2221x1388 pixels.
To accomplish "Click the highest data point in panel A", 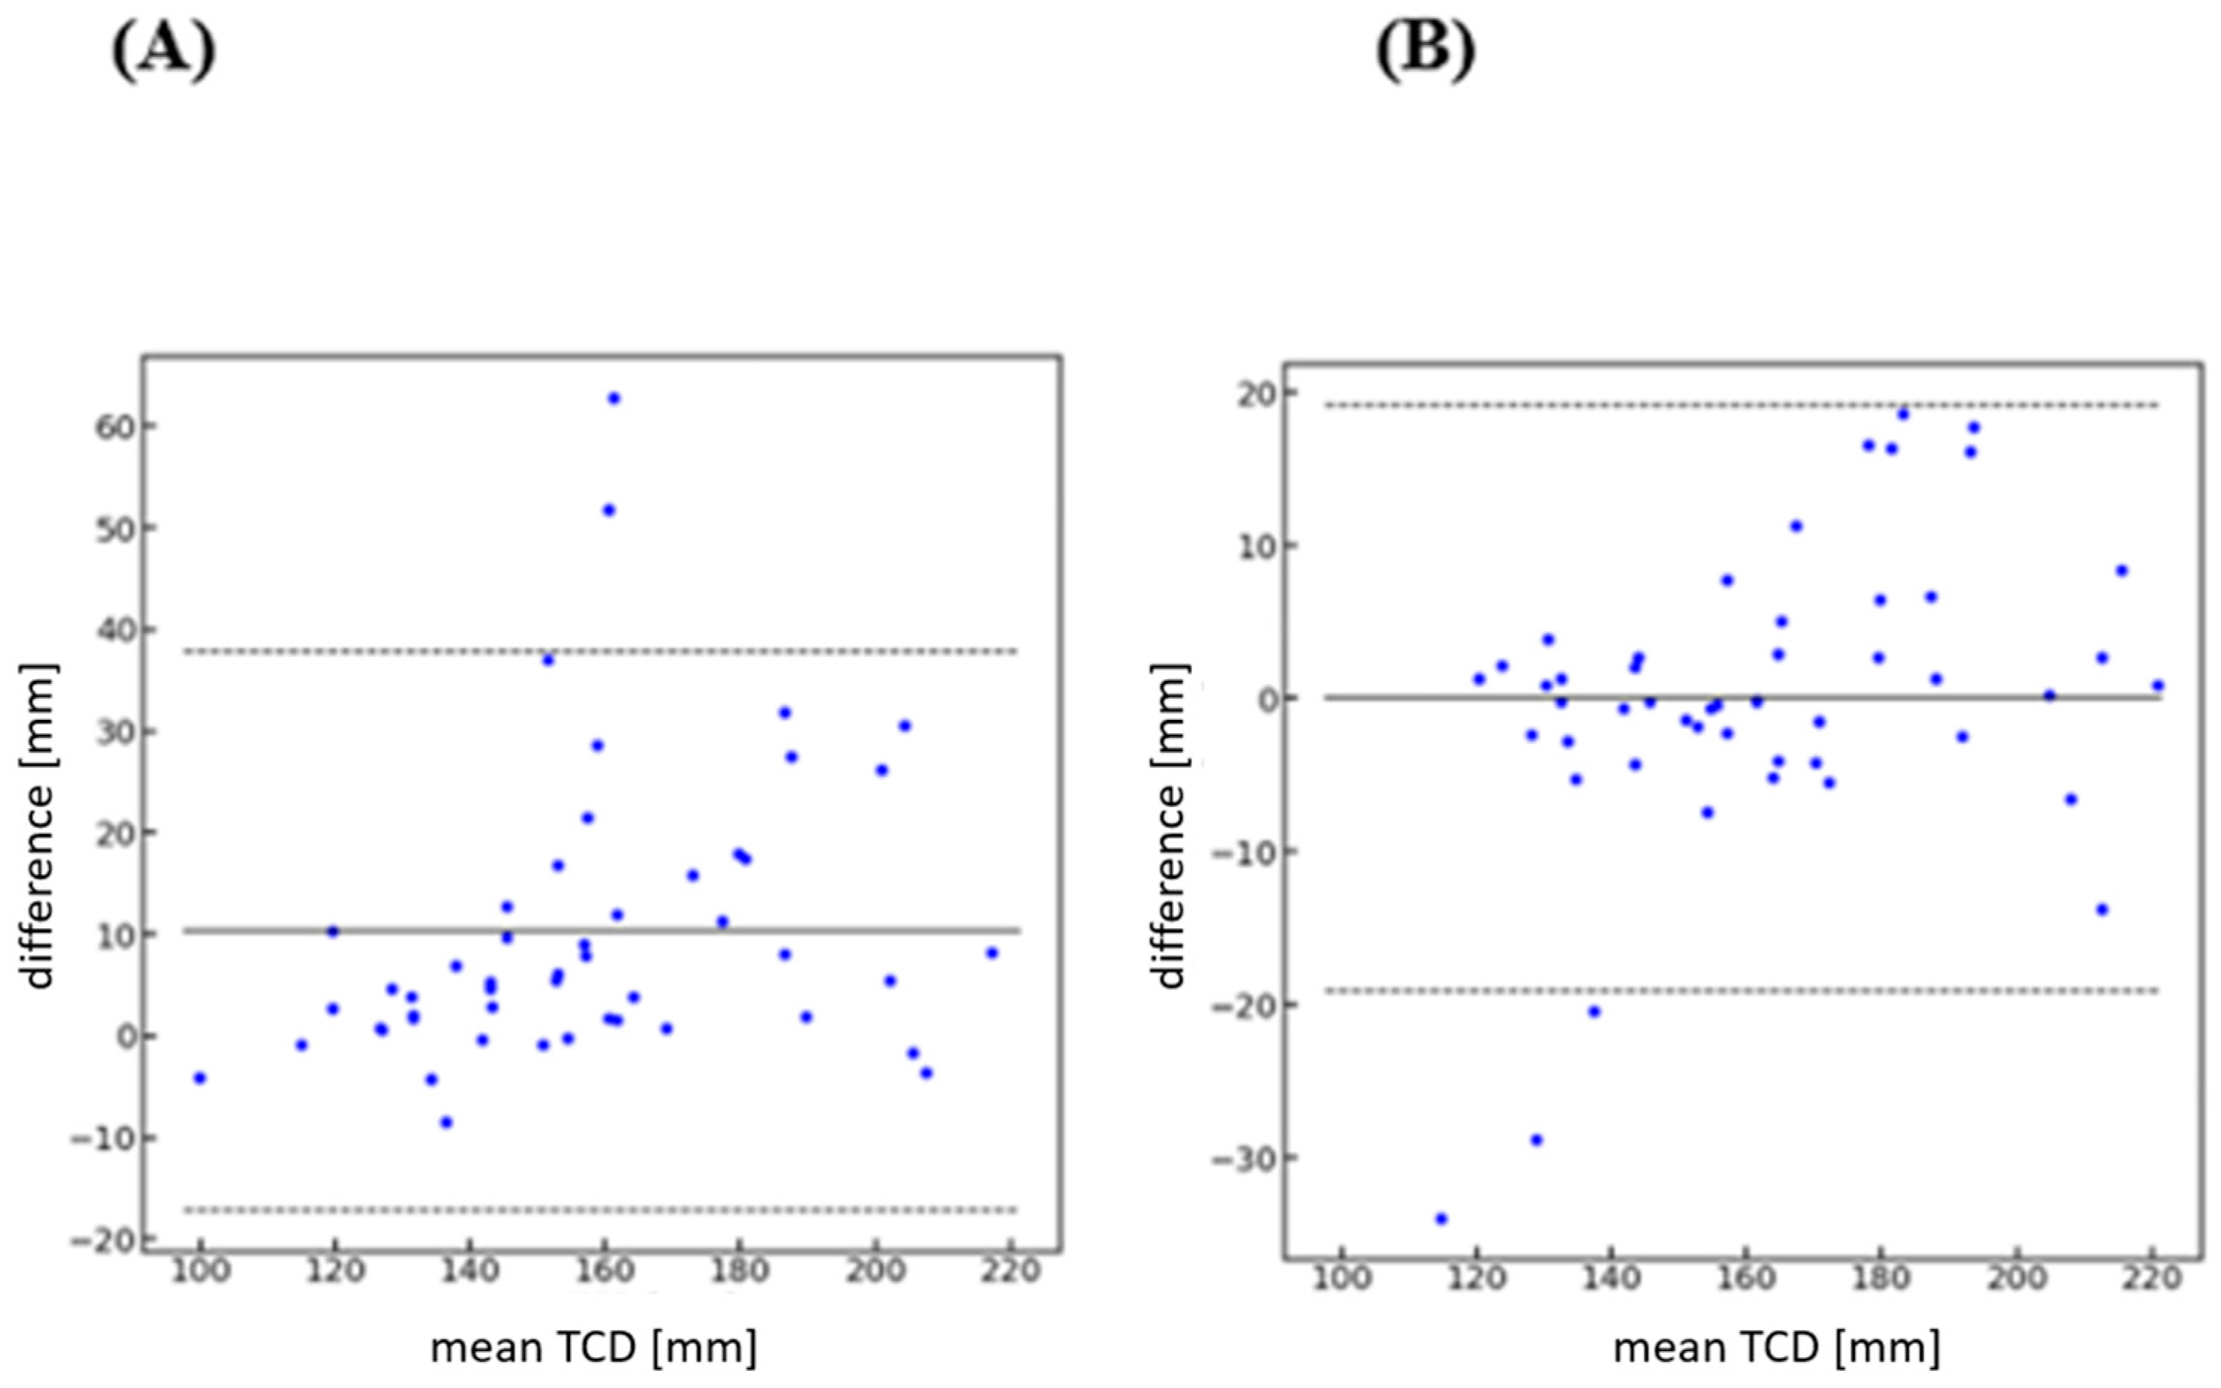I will click(614, 398).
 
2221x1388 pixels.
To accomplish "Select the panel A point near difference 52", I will click(609, 510).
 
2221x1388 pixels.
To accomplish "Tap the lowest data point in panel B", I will click(1441, 1219).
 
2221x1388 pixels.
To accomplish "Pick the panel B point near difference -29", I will click(1537, 1140).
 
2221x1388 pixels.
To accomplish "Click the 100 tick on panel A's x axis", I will click(200, 1273).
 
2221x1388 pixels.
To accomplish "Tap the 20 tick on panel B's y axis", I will click(1250, 394).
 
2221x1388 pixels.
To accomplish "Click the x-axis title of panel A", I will click(594, 1348).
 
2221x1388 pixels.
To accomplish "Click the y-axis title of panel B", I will click(1170, 825).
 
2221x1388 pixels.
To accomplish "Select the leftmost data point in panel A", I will click(200, 1078).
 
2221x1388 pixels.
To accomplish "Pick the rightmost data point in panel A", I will click(991, 953).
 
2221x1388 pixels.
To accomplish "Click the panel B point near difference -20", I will click(1594, 1012).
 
